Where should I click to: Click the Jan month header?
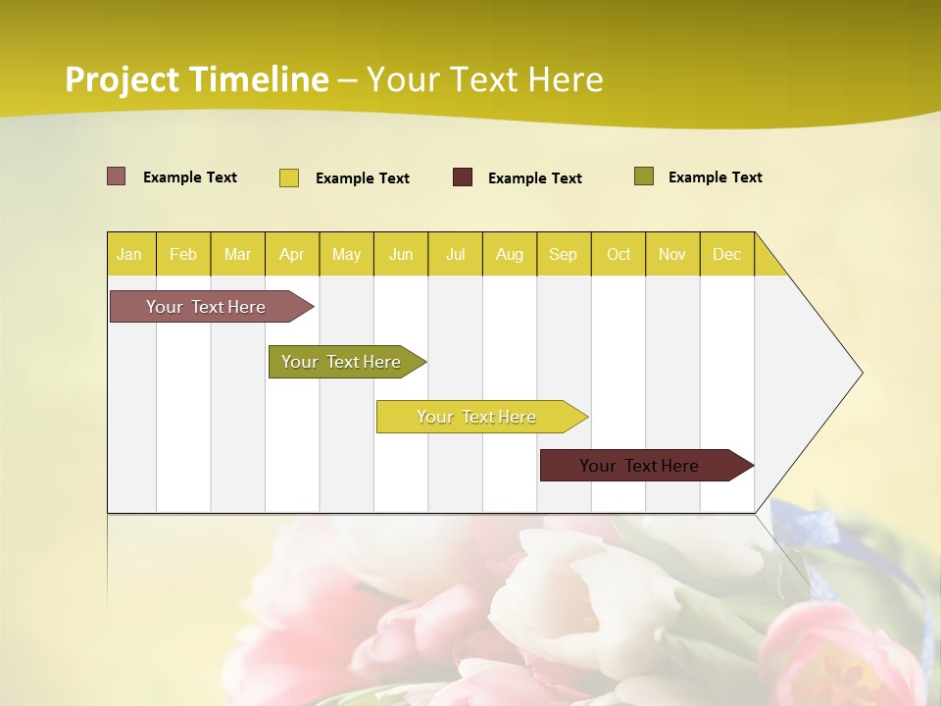130,255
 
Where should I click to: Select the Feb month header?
183,255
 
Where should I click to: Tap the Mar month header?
237,255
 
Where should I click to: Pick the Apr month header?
292,255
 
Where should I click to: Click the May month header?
346,255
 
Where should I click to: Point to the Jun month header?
401,255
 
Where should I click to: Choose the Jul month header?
455,255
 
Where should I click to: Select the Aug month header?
510,255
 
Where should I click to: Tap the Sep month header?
564,255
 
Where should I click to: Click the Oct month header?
619,255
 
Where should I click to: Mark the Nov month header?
672,255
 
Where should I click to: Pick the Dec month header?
727,255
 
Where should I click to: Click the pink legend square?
117,176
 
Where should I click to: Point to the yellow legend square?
289,177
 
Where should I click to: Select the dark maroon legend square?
463,177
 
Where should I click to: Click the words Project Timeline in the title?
197,79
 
